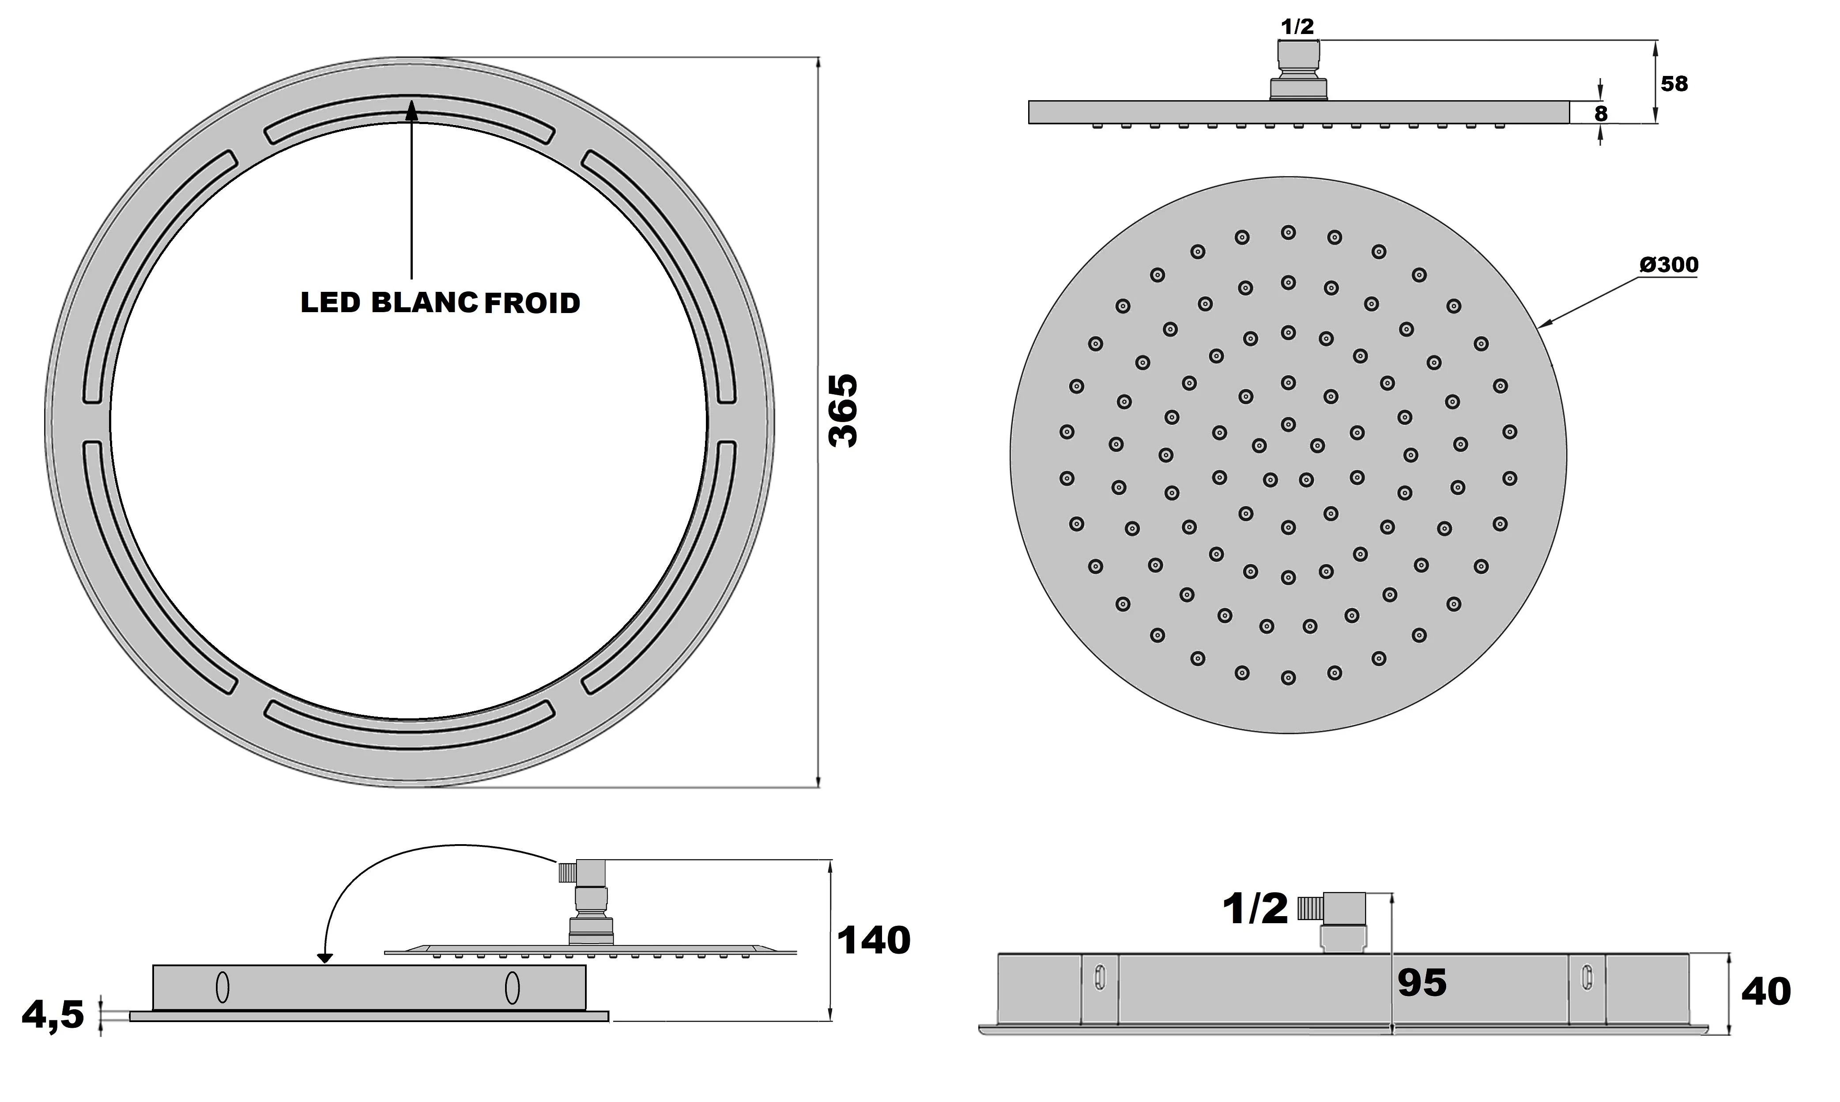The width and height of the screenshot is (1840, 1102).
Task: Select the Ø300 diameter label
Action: coord(1668,264)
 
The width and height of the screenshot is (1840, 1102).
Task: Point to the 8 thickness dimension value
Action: coord(1601,113)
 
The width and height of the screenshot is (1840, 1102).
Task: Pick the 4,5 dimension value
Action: coord(53,1015)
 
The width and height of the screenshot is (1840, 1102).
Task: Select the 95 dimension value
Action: coord(1422,982)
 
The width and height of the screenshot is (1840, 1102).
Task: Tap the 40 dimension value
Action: coord(1766,991)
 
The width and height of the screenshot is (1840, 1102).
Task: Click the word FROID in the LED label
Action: coord(532,303)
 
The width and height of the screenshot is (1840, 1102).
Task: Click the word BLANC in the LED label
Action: coord(424,302)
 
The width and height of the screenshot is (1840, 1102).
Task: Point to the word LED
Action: coord(330,302)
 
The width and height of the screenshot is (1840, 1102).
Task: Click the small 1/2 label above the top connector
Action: coord(1297,27)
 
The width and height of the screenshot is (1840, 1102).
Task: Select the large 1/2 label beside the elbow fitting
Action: coord(1255,909)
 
